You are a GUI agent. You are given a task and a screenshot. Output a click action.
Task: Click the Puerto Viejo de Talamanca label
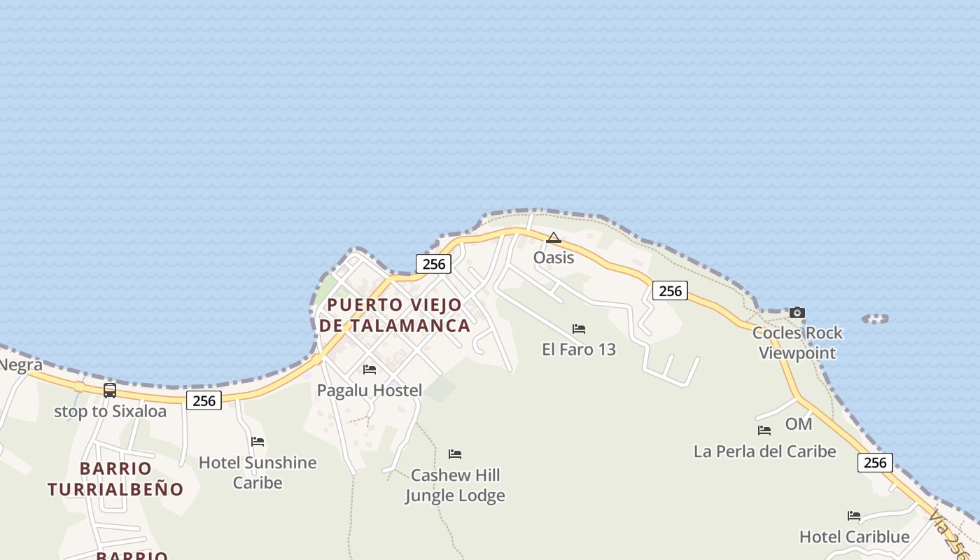pyautogui.click(x=394, y=315)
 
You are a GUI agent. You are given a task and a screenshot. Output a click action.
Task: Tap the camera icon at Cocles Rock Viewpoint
pyautogui.click(x=797, y=312)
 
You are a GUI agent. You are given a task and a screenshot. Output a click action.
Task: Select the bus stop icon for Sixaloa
pyautogui.click(x=110, y=390)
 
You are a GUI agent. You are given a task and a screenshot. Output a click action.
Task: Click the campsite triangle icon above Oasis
pyautogui.click(x=554, y=238)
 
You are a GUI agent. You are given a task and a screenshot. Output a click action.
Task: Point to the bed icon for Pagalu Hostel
pyautogui.click(x=370, y=369)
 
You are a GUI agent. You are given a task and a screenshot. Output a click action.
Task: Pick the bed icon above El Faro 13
pyautogui.click(x=579, y=328)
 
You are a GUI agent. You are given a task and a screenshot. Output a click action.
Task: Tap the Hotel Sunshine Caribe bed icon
pyautogui.click(x=258, y=441)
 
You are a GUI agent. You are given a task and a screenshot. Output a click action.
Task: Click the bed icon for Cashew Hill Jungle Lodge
pyautogui.click(x=455, y=454)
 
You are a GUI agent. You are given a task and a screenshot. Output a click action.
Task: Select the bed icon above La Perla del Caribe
pyautogui.click(x=764, y=430)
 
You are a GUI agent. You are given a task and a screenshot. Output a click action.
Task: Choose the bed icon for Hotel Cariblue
pyautogui.click(x=854, y=515)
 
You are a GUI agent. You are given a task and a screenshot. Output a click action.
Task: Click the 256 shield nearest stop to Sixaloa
pyautogui.click(x=204, y=400)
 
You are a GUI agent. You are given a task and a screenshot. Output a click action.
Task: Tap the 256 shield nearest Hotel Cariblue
pyautogui.click(x=875, y=462)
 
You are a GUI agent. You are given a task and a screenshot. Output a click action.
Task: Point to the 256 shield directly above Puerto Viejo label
pyautogui.click(x=434, y=264)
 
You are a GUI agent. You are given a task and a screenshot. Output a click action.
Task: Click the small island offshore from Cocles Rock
pyautogui.click(x=875, y=318)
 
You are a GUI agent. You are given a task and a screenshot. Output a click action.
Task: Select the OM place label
pyautogui.click(x=799, y=423)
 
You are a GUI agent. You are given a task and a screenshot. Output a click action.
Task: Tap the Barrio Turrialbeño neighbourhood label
pyautogui.click(x=115, y=479)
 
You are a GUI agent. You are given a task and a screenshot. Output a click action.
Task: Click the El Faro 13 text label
pyautogui.click(x=579, y=349)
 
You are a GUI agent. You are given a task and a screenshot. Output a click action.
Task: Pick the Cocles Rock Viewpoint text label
pyautogui.click(x=797, y=342)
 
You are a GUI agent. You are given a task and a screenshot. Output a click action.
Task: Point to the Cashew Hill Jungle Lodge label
pyautogui.click(x=455, y=485)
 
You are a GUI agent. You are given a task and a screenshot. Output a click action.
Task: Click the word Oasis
pyautogui.click(x=554, y=258)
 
